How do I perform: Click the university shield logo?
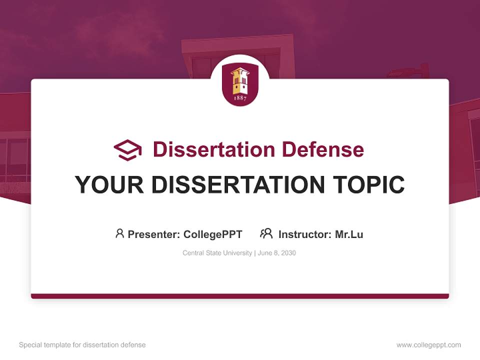[x=240, y=84]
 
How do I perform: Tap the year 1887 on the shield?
[x=240, y=98]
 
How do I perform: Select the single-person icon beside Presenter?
[x=119, y=233]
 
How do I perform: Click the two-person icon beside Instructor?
[x=266, y=233]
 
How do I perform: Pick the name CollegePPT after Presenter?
[x=212, y=234]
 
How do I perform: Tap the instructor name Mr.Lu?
[x=349, y=234]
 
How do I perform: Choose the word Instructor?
[x=305, y=234]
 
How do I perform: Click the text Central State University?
[x=217, y=253]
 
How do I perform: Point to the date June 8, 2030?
[x=277, y=253]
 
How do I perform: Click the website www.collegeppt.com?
[x=428, y=345]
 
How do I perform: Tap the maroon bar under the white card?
[x=240, y=296]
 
